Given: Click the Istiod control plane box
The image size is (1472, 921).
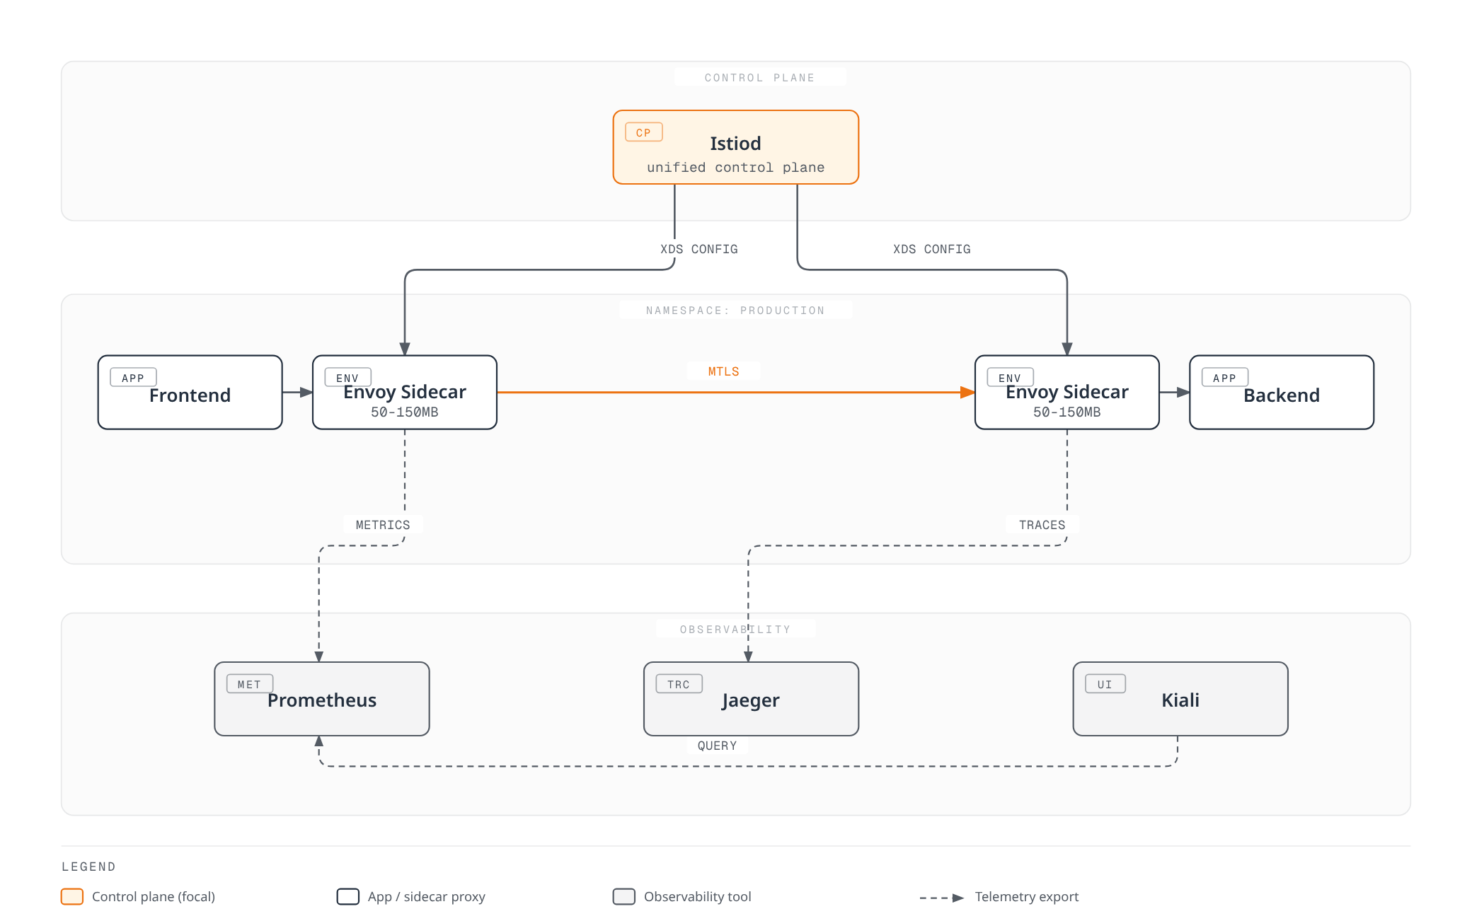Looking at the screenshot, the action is [x=735, y=147].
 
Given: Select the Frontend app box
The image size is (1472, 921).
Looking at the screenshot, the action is [x=190, y=392].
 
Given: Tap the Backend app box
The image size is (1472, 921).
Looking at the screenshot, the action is [x=1282, y=392].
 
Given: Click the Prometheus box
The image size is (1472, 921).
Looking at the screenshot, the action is [x=322, y=699].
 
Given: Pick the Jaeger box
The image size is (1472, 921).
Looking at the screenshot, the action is [x=751, y=699].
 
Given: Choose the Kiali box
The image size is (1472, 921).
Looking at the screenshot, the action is [x=1180, y=699].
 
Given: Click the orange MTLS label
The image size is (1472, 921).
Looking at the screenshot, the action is [x=723, y=371].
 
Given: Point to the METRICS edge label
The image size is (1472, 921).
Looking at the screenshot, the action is [x=383, y=525].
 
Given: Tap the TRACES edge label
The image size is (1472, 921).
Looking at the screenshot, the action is [x=1042, y=525].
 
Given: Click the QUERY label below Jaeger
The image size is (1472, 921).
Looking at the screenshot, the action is [x=717, y=746].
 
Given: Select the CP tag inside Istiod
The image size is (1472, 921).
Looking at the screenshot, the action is [x=643, y=132].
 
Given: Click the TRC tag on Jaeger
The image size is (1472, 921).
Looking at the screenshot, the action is [x=679, y=684].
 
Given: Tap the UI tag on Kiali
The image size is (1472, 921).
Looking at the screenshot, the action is [x=1105, y=684].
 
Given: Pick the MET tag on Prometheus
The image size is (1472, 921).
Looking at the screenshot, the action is [x=249, y=684].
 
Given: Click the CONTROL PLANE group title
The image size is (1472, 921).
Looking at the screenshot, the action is [x=759, y=78].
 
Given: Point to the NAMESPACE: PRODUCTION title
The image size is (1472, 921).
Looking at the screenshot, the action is [x=735, y=311].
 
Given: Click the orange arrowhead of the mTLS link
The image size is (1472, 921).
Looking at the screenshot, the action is [x=968, y=392].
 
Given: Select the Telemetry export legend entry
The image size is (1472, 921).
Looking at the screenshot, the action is [x=999, y=897].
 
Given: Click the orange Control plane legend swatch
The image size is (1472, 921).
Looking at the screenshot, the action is [x=72, y=897].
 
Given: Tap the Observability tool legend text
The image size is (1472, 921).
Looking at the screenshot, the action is [x=697, y=897].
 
